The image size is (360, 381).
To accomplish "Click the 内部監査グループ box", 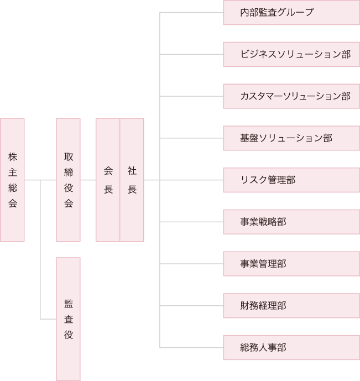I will (291, 12).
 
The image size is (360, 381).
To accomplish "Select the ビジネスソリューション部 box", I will (291, 54).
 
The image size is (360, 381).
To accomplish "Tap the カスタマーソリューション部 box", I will (291, 96).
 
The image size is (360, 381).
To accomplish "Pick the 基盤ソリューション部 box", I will (291, 138).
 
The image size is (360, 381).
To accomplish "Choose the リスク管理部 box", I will (291, 180).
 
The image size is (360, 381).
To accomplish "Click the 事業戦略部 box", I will (291, 222).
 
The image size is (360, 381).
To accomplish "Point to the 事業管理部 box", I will (291, 264).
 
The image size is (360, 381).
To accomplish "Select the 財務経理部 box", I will (291, 306).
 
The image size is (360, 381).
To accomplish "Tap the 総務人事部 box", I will (291, 348).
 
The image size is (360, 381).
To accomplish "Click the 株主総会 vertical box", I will (12, 180).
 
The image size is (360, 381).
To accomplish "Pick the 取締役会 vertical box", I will (68, 180).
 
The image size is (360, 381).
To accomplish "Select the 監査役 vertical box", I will (68, 319).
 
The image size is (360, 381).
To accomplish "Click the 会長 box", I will (108, 180).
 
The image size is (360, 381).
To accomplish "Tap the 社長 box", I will (132, 180).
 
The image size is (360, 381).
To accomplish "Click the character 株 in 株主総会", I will (12, 156).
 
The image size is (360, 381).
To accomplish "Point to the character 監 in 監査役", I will (68, 304).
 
